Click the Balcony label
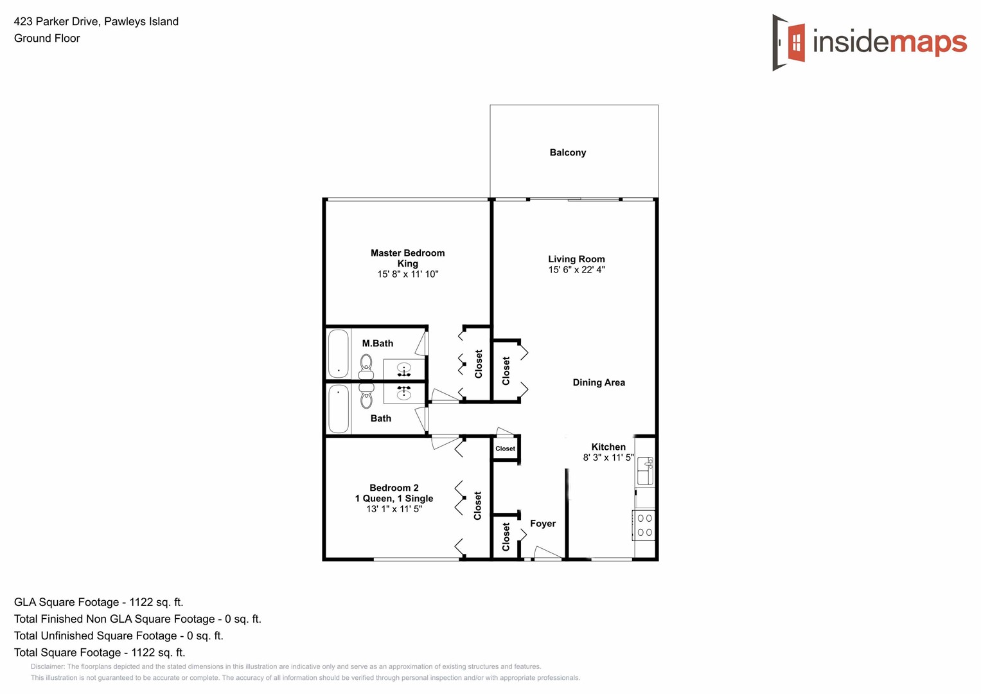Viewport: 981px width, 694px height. [567, 152]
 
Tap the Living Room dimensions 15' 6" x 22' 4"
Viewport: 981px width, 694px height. [576, 270]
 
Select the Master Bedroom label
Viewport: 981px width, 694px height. [407, 253]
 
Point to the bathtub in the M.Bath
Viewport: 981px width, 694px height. [339, 353]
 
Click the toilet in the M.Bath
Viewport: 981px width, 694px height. [366, 366]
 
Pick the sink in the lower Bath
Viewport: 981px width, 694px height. [404, 392]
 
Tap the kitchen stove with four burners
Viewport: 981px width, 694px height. [644, 525]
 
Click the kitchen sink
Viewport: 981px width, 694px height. [645, 470]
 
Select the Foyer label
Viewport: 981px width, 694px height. [543, 524]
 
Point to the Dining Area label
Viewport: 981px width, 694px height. [599, 382]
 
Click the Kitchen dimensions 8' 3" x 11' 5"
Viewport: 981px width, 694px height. [608, 458]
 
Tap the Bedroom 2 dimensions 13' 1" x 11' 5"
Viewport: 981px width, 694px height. [394, 509]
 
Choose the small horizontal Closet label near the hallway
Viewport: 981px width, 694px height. [505, 449]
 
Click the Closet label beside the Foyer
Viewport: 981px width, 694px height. [506, 537]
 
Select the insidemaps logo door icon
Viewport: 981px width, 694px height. [790, 42]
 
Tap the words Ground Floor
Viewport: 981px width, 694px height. [47, 38]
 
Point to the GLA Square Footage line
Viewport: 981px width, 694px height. [98, 602]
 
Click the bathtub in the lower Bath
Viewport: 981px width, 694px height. [339, 409]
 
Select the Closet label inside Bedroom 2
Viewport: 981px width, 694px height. [477, 506]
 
